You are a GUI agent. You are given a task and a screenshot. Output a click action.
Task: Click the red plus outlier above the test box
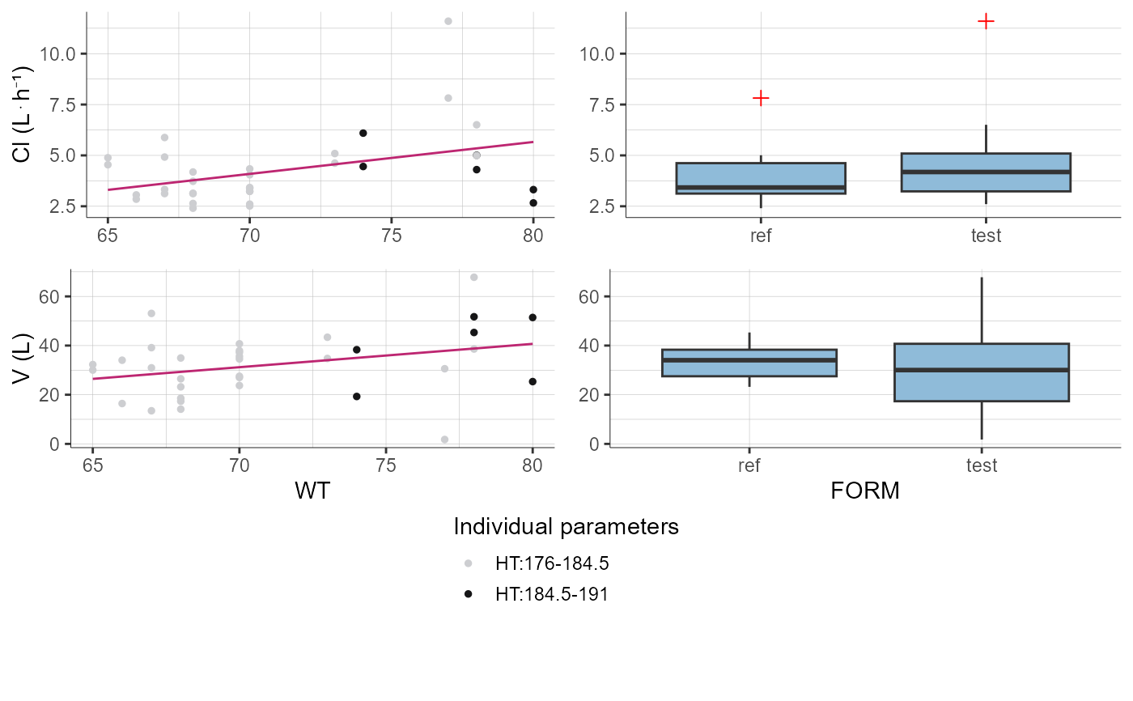[x=986, y=21]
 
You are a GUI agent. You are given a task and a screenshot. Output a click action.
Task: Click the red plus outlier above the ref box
[x=761, y=98]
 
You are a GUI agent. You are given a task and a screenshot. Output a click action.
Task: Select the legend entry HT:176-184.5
[x=551, y=563]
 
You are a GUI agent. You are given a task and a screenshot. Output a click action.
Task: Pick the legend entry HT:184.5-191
[x=551, y=594]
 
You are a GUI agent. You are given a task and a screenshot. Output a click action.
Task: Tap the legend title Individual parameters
[x=566, y=528]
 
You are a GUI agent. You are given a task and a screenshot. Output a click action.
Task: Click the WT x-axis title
[x=312, y=491]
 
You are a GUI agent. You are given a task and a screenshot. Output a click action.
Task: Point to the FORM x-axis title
[x=865, y=491]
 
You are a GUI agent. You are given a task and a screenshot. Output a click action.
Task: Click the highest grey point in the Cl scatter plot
[x=448, y=21]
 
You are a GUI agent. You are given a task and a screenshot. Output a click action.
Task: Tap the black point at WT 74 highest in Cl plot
[x=363, y=133]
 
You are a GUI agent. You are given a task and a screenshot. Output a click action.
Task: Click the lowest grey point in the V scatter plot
[x=444, y=440]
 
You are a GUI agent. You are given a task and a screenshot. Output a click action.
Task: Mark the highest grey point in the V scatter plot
[x=474, y=278]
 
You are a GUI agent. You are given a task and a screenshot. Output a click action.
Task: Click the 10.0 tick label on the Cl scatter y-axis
[x=59, y=53]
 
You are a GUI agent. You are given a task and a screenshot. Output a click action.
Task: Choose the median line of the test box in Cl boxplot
[x=986, y=172]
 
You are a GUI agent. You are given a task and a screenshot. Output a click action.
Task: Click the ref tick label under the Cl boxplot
[x=761, y=236]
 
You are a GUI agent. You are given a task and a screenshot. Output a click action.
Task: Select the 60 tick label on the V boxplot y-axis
[x=588, y=297]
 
